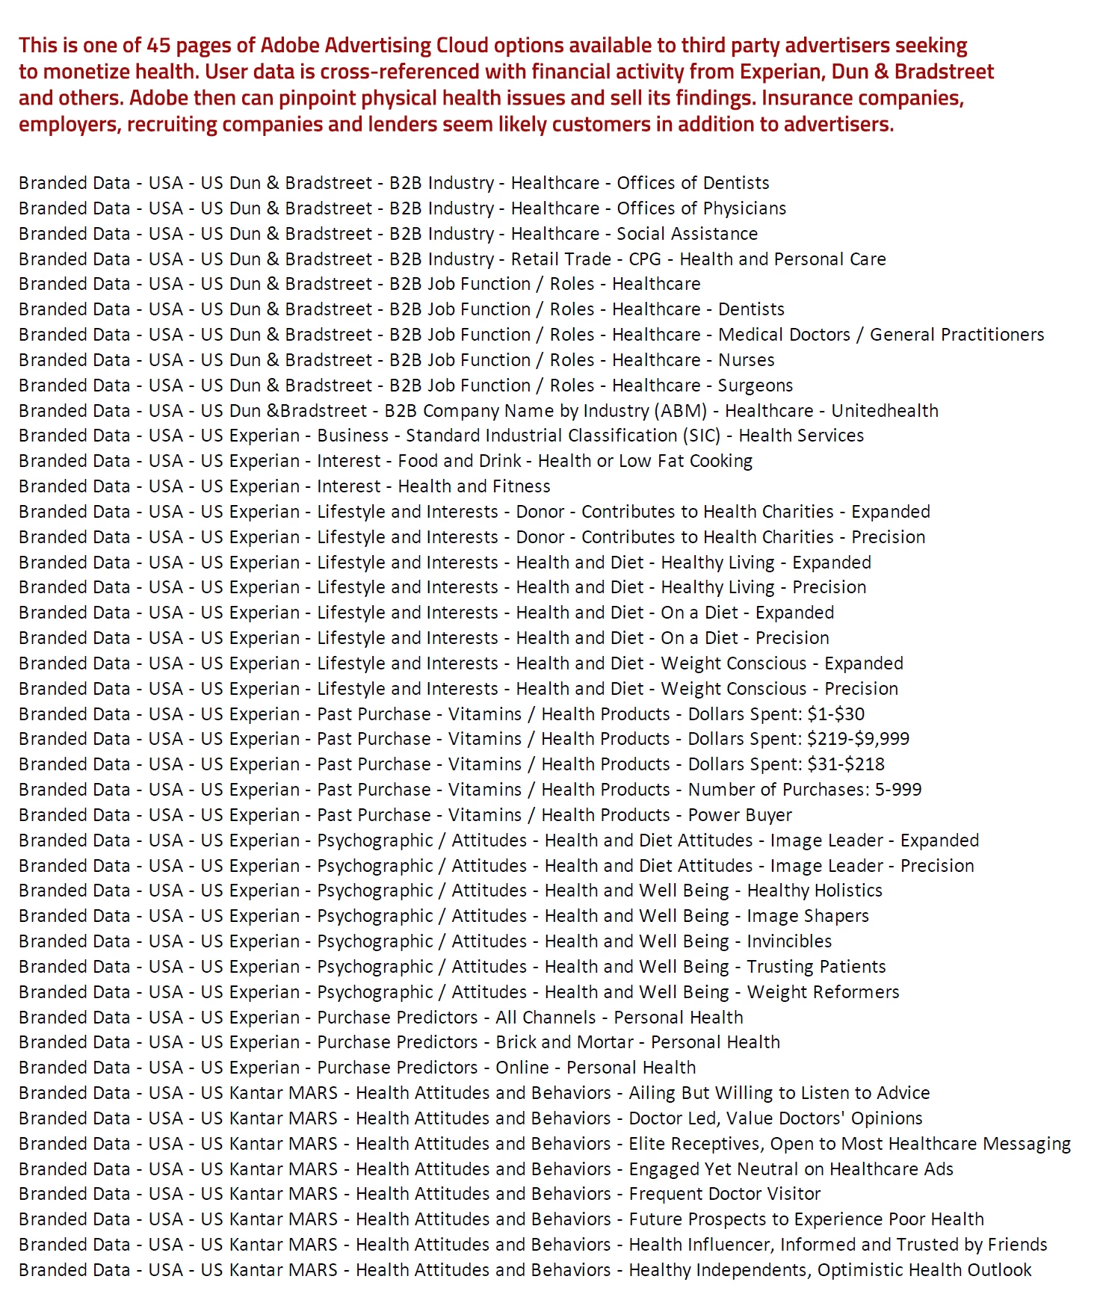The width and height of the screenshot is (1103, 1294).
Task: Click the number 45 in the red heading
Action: coord(159,46)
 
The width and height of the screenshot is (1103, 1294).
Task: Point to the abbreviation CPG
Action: coord(645,259)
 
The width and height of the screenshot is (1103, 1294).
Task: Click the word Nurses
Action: coord(746,360)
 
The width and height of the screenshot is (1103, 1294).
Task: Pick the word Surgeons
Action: coord(755,386)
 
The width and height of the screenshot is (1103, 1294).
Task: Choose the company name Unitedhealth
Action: coord(885,411)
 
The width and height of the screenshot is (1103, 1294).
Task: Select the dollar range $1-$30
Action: coord(835,714)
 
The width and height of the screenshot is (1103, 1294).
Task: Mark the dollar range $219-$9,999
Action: coord(858,739)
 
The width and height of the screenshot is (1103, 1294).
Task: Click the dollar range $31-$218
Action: coord(846,764)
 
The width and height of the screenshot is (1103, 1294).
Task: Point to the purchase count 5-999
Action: coord(897,790)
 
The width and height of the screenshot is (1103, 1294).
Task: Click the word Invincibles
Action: coord(789,941)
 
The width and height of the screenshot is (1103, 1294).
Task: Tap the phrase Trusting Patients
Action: coord(816,967)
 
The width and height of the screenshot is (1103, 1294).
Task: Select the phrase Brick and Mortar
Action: coord(564,1042)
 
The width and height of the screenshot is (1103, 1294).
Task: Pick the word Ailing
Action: coord(651,1093)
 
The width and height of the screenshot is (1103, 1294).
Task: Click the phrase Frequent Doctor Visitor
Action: coord(724,1194)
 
